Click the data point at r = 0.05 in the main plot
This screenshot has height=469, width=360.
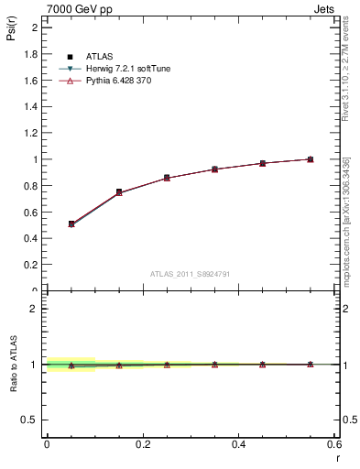(71, 224)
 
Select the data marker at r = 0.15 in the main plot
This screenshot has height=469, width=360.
(119, 192)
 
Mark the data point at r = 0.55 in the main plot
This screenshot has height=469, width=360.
(310, 159)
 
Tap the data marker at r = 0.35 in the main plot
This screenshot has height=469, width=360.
(214, 169)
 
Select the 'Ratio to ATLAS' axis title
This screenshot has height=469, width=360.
(13, 365)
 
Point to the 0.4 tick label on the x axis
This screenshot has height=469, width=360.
(238, 443)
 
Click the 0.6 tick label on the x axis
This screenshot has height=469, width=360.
(334, 443)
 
